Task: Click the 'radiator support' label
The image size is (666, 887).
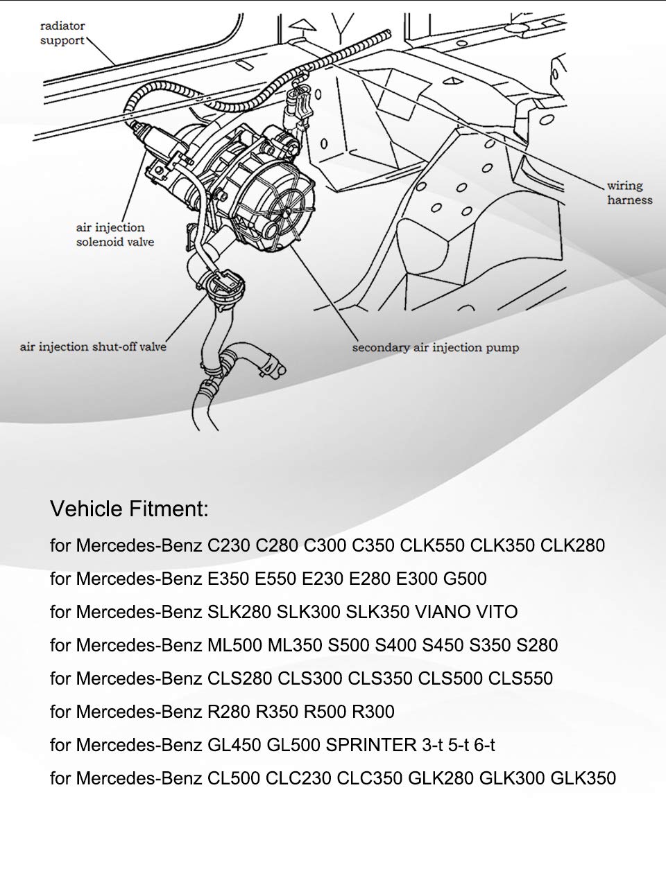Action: click(x=62, y=33)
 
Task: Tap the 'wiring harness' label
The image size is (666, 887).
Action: click(x=629, y=193)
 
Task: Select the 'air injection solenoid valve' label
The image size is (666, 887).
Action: click(x=114, y=235)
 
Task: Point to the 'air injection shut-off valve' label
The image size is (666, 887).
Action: click(x=93, y=346)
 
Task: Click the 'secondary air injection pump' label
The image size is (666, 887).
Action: click(x=435, y=347)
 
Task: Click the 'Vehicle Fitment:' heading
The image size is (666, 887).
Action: click(x=129, y=509)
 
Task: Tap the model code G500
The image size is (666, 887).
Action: click(x=464, y=579)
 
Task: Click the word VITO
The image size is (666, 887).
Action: click(x=497, y=612)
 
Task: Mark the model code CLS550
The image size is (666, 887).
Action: click(x=520, y=678)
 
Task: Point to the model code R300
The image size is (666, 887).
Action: click(x=373, y=712)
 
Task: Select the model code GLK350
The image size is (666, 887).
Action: click(x=583, y=778)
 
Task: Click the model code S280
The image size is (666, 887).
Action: click(x=537, y=645)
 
